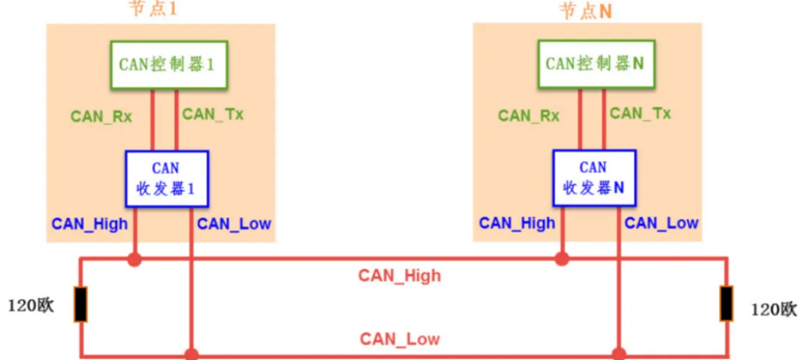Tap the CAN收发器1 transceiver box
pos(166,179)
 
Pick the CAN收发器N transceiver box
pos(593,179)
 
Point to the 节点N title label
pos(585,11)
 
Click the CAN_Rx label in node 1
pos(101,116)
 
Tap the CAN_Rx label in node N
pos(529,116)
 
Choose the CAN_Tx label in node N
pos(640,114)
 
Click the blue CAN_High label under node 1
pos(90,223)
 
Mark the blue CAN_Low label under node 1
pos(234,223)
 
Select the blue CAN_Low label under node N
pos(661,223)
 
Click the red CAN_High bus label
pos(399,276)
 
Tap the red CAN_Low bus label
pos(399,339)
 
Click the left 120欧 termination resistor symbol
pos(81,304)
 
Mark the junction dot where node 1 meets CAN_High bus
pos(134,258)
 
